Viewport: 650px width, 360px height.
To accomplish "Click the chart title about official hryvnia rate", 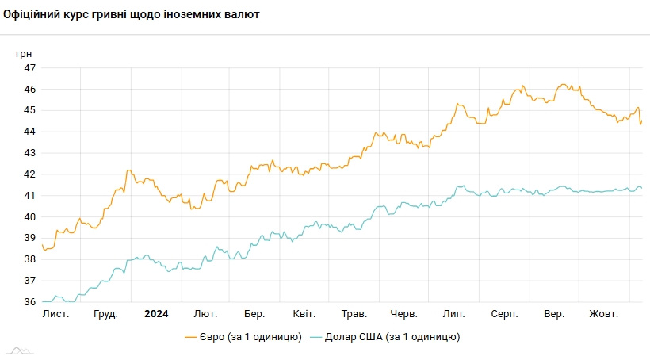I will point(132,15).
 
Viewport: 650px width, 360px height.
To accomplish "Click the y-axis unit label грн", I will point(24,53).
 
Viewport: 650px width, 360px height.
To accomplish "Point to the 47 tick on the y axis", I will point(29,68).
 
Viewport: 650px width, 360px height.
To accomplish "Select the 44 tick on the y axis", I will point(29,132).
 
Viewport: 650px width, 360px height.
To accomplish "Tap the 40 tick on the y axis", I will point(29,217).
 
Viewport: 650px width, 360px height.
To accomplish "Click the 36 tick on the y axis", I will point(29,302).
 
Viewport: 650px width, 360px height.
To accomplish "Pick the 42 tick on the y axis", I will point(29,174).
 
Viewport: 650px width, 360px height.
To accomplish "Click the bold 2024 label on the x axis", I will point(156,314).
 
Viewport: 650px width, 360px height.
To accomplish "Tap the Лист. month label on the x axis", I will point(55,314).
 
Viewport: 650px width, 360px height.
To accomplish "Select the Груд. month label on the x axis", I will point(105,314).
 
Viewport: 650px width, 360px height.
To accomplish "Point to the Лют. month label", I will point(205,314).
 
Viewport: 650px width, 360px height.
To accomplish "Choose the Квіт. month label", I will point(304,314).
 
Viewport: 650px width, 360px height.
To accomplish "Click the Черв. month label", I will point(404,314).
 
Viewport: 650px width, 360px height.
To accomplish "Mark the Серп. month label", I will point(504,314).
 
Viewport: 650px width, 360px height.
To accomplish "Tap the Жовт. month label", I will point(603,314).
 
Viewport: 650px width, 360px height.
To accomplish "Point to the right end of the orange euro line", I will point(641,121).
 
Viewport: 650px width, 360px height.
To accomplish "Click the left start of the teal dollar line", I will point(43,301).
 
